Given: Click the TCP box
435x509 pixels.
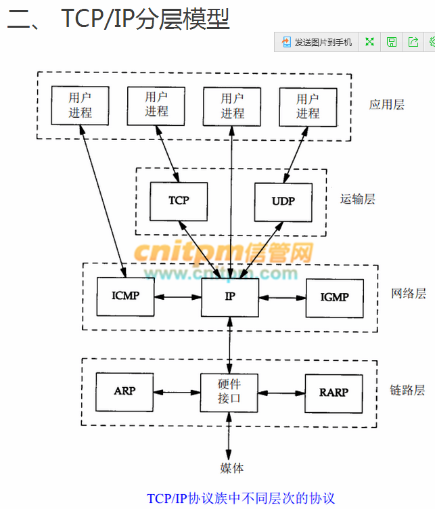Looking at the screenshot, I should [179, 200].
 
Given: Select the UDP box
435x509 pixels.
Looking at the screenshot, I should [283, 201].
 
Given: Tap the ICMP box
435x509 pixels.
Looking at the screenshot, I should [125, 296].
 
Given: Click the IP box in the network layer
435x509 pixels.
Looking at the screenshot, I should [230, 296].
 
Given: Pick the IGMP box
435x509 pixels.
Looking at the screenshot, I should [334, 296].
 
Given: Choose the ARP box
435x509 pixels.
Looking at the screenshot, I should [125, 392].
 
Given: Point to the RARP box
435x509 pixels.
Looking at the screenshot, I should [334, 392].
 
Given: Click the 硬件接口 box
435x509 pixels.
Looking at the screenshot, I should [230, 392].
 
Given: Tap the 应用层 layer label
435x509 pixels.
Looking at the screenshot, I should [387, 104].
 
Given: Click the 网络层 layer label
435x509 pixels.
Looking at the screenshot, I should [409, 294].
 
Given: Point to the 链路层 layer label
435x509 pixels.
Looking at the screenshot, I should [408, 391].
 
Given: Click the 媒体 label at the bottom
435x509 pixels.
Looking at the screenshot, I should [231, 467].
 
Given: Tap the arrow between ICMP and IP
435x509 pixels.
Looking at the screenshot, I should [178, 296].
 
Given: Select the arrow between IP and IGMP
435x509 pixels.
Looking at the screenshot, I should [282, 296].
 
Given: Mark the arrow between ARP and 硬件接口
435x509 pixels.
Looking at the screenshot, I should [178, 392].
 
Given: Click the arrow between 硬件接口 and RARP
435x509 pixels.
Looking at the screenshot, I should [282, 392].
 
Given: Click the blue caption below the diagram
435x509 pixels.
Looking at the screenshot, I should [241, 499].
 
